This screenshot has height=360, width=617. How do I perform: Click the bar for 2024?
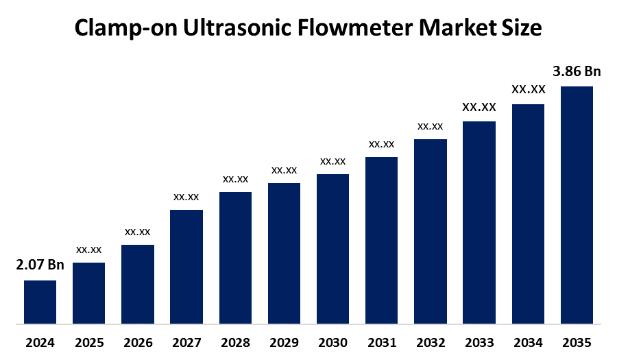pos(40,302)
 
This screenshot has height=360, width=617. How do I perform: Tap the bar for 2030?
pos(332,248)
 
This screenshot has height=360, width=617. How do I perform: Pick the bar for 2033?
pos(479,222)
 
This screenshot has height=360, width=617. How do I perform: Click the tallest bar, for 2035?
pos(577,204)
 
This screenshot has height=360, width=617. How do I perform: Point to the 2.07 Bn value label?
pos(40,265)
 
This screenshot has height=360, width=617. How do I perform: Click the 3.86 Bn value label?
pos(577,71)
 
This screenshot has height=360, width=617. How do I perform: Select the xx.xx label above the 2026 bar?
pos(137,232)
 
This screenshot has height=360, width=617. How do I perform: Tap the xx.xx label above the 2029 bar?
pos(284,170)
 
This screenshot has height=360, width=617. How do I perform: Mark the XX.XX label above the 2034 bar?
pos(528,90)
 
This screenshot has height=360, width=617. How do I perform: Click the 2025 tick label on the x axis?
pos(88,342)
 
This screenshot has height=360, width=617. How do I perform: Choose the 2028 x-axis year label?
pos(235,342)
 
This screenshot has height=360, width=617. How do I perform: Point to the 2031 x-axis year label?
pos(381,342)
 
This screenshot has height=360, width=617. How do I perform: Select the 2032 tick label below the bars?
pos(431,342)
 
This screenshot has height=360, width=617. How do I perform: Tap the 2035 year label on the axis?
pos(577,342)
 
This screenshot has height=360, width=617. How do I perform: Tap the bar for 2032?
pos(431,231)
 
